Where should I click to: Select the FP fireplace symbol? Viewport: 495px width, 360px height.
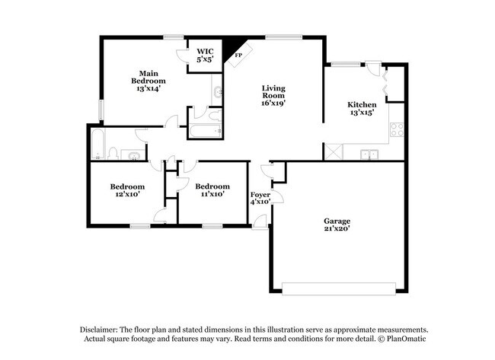pyautogui.click(x=238, y=55)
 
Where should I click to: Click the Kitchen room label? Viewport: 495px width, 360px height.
pyautogui.click(x=362, y=105)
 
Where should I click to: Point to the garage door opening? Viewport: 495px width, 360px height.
pyautogui.click(x=339, y=288)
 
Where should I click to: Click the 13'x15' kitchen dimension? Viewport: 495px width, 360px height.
pyautogui.click(x=362, y=114)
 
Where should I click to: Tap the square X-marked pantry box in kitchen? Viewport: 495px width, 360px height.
pyautogui.click(x=333, y=151)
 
